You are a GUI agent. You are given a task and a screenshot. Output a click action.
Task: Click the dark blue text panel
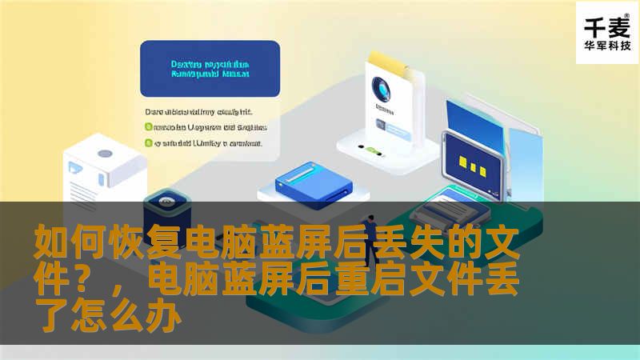pos(210,69)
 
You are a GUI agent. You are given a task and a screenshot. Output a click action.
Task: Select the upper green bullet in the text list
pos(148,126)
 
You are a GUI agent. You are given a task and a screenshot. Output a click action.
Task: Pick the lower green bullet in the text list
pos(148,144)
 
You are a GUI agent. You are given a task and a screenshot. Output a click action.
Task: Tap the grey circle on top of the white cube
pos(104,153)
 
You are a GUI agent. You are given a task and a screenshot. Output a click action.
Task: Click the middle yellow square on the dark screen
pos(474,166)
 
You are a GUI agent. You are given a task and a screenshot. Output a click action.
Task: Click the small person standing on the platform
pos(370,232)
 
